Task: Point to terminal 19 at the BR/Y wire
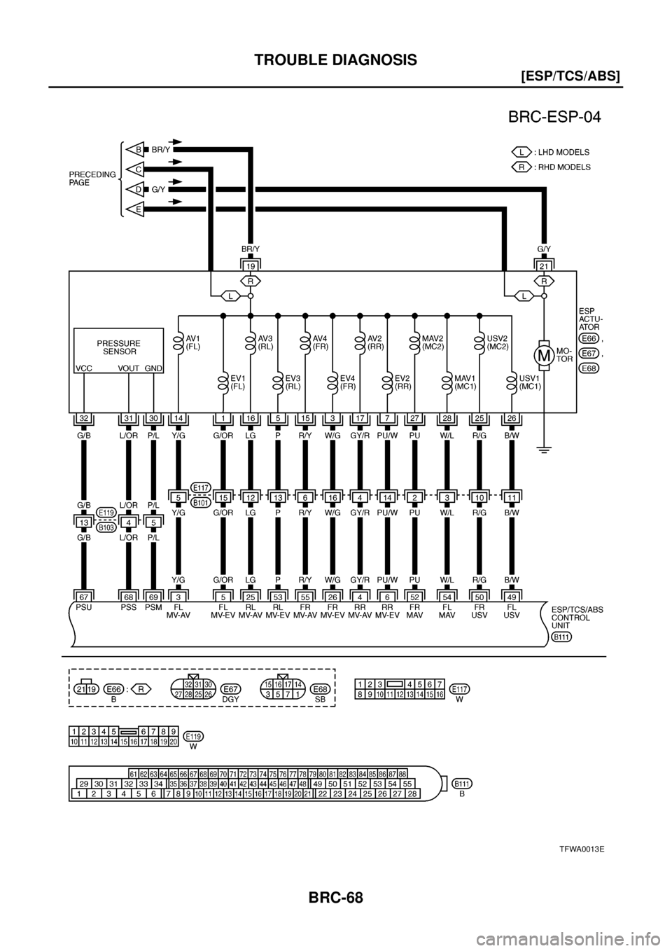[x=250, y=266]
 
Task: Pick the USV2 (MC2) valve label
[x=496, y=342]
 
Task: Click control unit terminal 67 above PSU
[x=83, y=596]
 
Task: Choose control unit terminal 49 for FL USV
[x=512, y=596]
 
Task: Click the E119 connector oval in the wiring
[x=106, y=513]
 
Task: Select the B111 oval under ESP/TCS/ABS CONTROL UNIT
[x=561, y=637]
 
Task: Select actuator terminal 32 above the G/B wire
[x=83, y=419]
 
